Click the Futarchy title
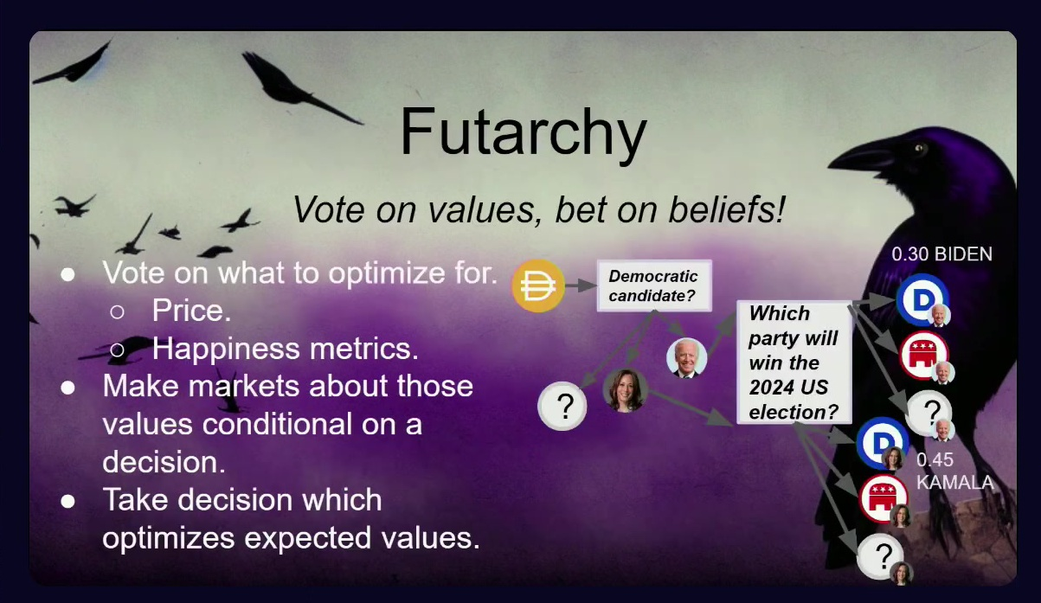tap(524, 133)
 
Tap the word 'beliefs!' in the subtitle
tap(726, 210)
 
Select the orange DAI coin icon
tap(538, 285)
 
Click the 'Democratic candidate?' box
tap(654, 285)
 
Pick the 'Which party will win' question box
tap(794, 362)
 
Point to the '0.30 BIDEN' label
tap(941, 254)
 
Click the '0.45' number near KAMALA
tap(935, 460)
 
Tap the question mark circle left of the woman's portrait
tap(562, 406)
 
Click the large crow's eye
tap(919, 149)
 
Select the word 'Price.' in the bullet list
tap(191, 311)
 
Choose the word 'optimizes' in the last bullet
tap(169, 538)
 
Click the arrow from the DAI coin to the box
tap(581, 285)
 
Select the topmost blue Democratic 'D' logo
tap(922, 299)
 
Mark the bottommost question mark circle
tap(881, 556)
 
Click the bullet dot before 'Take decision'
tap(67, 501)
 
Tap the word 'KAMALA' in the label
tap(955, 482)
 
